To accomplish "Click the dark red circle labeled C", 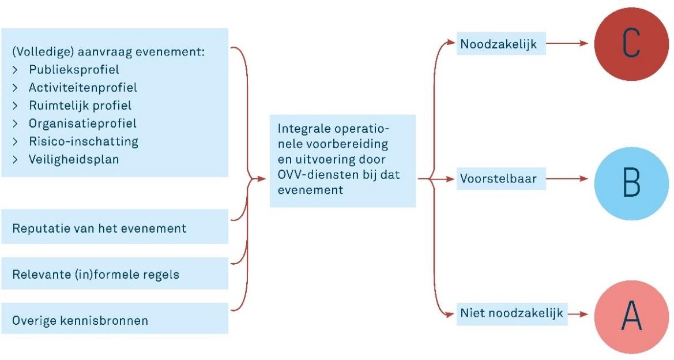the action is click(x=631, y=43).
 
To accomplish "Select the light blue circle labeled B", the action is click(x=631, y=183).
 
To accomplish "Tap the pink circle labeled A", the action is click(x=631, y=317).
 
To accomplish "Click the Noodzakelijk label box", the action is click(x=501, y=43).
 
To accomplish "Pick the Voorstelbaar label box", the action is click(x=501, y=178).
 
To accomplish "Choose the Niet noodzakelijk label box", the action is click(x=512, y=313).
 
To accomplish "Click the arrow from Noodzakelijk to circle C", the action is click(x=567, y=43).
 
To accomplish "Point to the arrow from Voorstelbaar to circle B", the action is click(x=567, y=178).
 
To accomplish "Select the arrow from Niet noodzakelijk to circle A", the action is click(x=578, y=314).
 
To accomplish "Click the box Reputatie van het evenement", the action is click(x=114, y=227).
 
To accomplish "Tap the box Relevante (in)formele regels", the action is click(x=114, y=273).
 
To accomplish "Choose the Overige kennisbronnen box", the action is click(x=114, y=318).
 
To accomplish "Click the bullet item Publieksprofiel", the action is click(x=66, y=70).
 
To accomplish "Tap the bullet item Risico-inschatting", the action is click(x=76, y=141).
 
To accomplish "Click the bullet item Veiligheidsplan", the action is click(x=66, y=160).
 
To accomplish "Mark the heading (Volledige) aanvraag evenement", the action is click(x=109, y=52).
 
